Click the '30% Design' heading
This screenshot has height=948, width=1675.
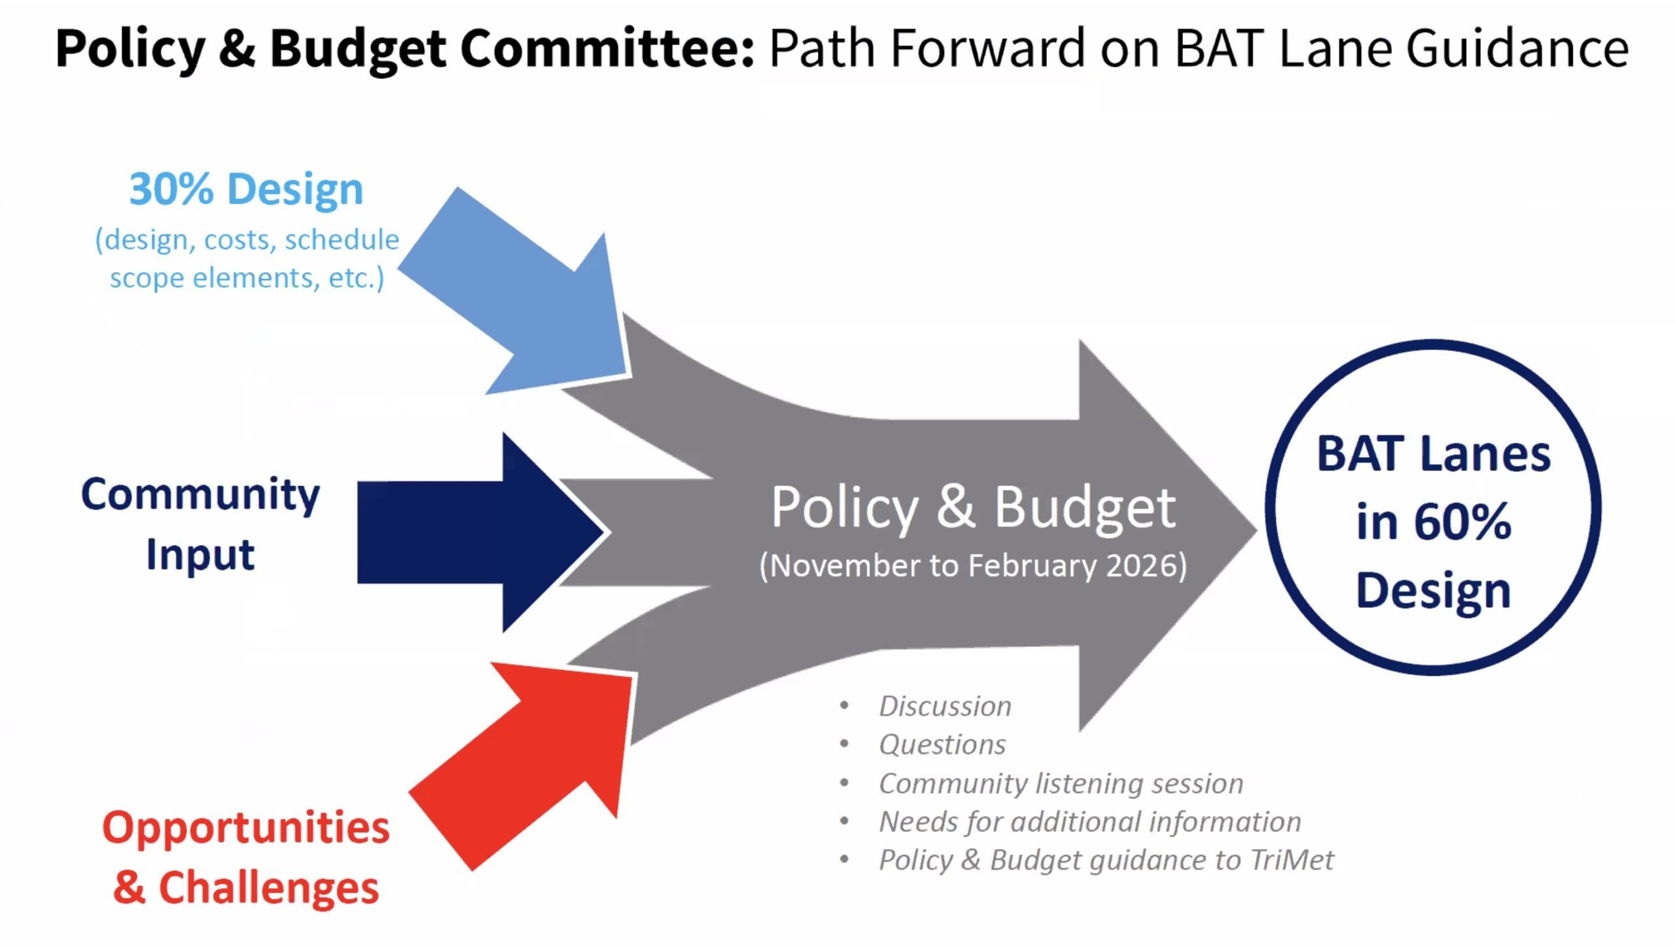tap(246, 189)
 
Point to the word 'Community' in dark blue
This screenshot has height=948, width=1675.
tap(200, 495)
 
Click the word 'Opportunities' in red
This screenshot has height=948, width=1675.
tap(246, 828)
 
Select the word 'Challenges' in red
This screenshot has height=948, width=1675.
tap(269, 888)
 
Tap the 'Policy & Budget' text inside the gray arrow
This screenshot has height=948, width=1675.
tap(974, 508)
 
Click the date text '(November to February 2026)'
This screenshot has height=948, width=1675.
tap(973, 566)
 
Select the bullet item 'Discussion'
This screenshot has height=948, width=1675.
tap(945, 707)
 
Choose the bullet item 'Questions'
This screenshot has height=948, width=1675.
tap(942, 745)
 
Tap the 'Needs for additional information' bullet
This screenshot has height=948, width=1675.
tap(1090, 822)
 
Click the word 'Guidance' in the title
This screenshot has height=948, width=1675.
tap(1517, 48)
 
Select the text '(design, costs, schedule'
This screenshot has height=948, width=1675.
tap(247, 240)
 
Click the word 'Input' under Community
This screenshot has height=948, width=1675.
tap(200, 555)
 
